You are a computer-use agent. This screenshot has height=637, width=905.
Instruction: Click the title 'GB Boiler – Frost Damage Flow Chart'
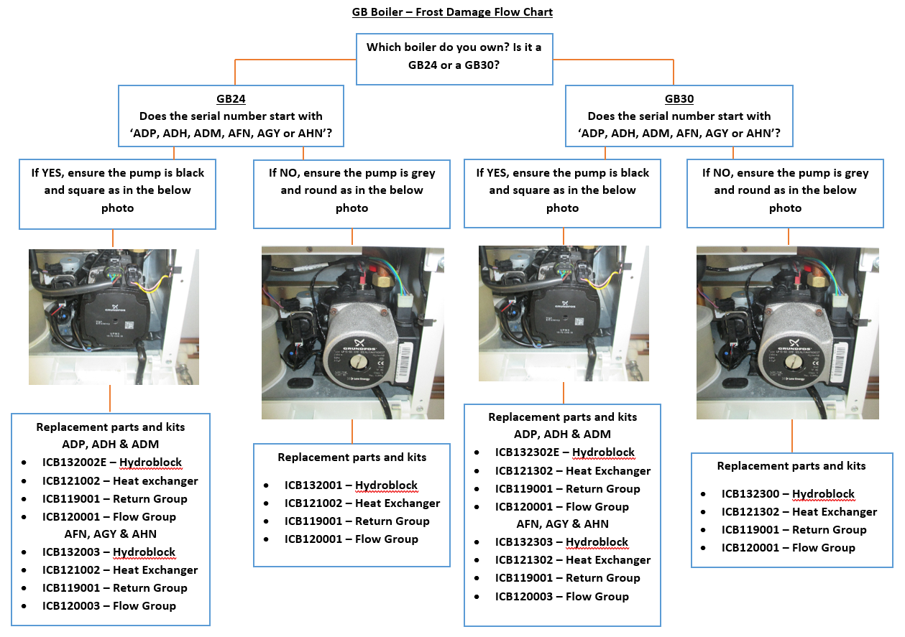pyautogui.click(x=452, y=12)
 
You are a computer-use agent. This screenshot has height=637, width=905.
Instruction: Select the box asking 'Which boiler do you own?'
pyautogui.click(x=454, y=55)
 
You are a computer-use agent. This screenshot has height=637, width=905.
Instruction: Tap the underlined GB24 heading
pyautogui.click(x=230, y=99)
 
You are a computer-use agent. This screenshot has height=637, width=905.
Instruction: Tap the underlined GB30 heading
pyautogui.click(x=679, y=99)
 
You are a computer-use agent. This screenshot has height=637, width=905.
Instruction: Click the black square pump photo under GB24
pyautogui.click(x=114, y=317)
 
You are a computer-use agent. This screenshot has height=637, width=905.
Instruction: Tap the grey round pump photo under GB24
pyautogui.click(x=352, y=333)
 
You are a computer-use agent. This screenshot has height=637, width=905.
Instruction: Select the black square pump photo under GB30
pyautogui.click(x=564, y=313)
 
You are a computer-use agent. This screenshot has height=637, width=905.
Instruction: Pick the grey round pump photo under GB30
pyautogui.click(x=788, y=333)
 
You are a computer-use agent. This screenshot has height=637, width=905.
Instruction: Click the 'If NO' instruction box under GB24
pyautogui.click(x=352, y=190)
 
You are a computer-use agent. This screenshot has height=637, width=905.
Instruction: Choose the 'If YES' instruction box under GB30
pyautogui.click(x=562, y=190)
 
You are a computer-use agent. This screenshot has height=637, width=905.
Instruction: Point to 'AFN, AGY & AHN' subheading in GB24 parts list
pyautogui.click(x=110, y=534)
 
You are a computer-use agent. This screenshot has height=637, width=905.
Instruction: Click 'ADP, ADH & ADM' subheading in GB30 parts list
pyautogui.click(x=562, y=434)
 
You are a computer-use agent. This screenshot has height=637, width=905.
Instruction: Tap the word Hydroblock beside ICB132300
pyautogui.click(x=823, y=494)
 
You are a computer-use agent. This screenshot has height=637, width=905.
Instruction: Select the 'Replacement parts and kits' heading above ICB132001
pyautogui.click(x=352, y=457)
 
